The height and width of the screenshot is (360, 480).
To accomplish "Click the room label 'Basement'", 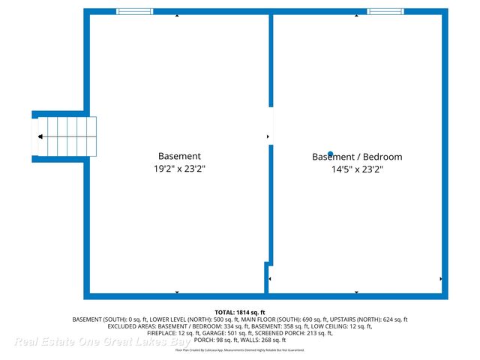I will coord(178,157).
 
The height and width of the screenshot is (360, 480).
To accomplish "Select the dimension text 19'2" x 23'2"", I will coord(178,169).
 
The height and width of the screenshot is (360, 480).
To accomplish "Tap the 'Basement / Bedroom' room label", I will coord(357,157).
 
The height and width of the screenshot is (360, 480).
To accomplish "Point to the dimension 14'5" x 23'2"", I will coord(357,169).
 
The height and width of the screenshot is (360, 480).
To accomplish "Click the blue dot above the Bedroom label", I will coord(330,154).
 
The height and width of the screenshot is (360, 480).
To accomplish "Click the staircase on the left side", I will coord(66,137).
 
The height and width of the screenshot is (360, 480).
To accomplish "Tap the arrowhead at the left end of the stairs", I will coord(39,137).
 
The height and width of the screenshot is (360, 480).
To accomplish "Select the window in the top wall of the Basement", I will coord(135,11).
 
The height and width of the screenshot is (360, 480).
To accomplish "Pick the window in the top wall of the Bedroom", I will coord(385,11).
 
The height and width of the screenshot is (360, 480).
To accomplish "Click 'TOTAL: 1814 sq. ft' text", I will coord(239,312).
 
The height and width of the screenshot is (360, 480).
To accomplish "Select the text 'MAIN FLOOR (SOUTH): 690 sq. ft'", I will coord(302,319).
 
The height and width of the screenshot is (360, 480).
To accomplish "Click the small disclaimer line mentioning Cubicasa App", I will coord(239,350).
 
